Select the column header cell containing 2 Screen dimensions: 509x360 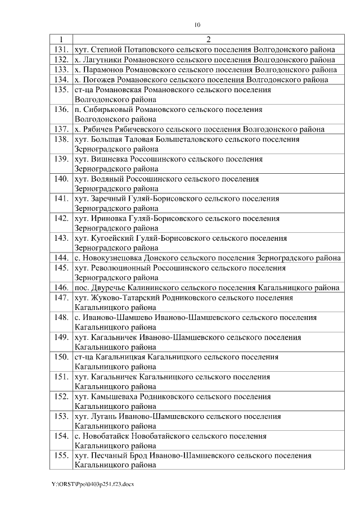click(208, 39)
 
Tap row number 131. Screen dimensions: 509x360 click(60, 49)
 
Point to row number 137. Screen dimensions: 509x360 click(60, 129)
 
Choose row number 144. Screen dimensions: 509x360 click(60, 258)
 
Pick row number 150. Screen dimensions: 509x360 click(60, 357)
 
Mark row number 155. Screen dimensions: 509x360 click(60, 455)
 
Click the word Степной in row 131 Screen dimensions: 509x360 click(106, 49)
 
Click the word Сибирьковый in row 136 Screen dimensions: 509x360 click(105, 109)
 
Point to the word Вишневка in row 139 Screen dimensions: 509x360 click(108, 159)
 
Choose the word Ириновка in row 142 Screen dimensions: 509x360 click(107, 218)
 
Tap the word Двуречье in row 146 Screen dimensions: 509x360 click(109, 287)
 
